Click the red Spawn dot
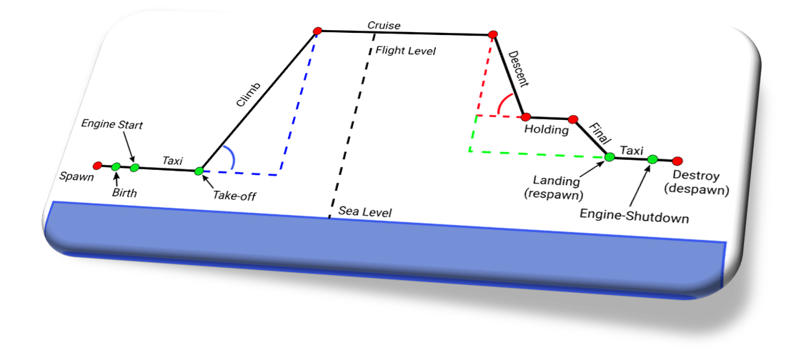coord(98,166)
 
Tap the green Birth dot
coord(116,166)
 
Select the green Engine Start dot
coord(134,168)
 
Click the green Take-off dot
coord(199,171)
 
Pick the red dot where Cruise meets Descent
coord(492,34)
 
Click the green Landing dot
coord(610,156)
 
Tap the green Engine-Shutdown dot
coord(652,159)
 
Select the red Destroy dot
coord(677,161)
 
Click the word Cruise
coord(384,26)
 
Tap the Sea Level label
coord(365,213)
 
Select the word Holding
coord(546,130)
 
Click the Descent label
coord(519,69)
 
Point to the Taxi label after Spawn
coord(173,161)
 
